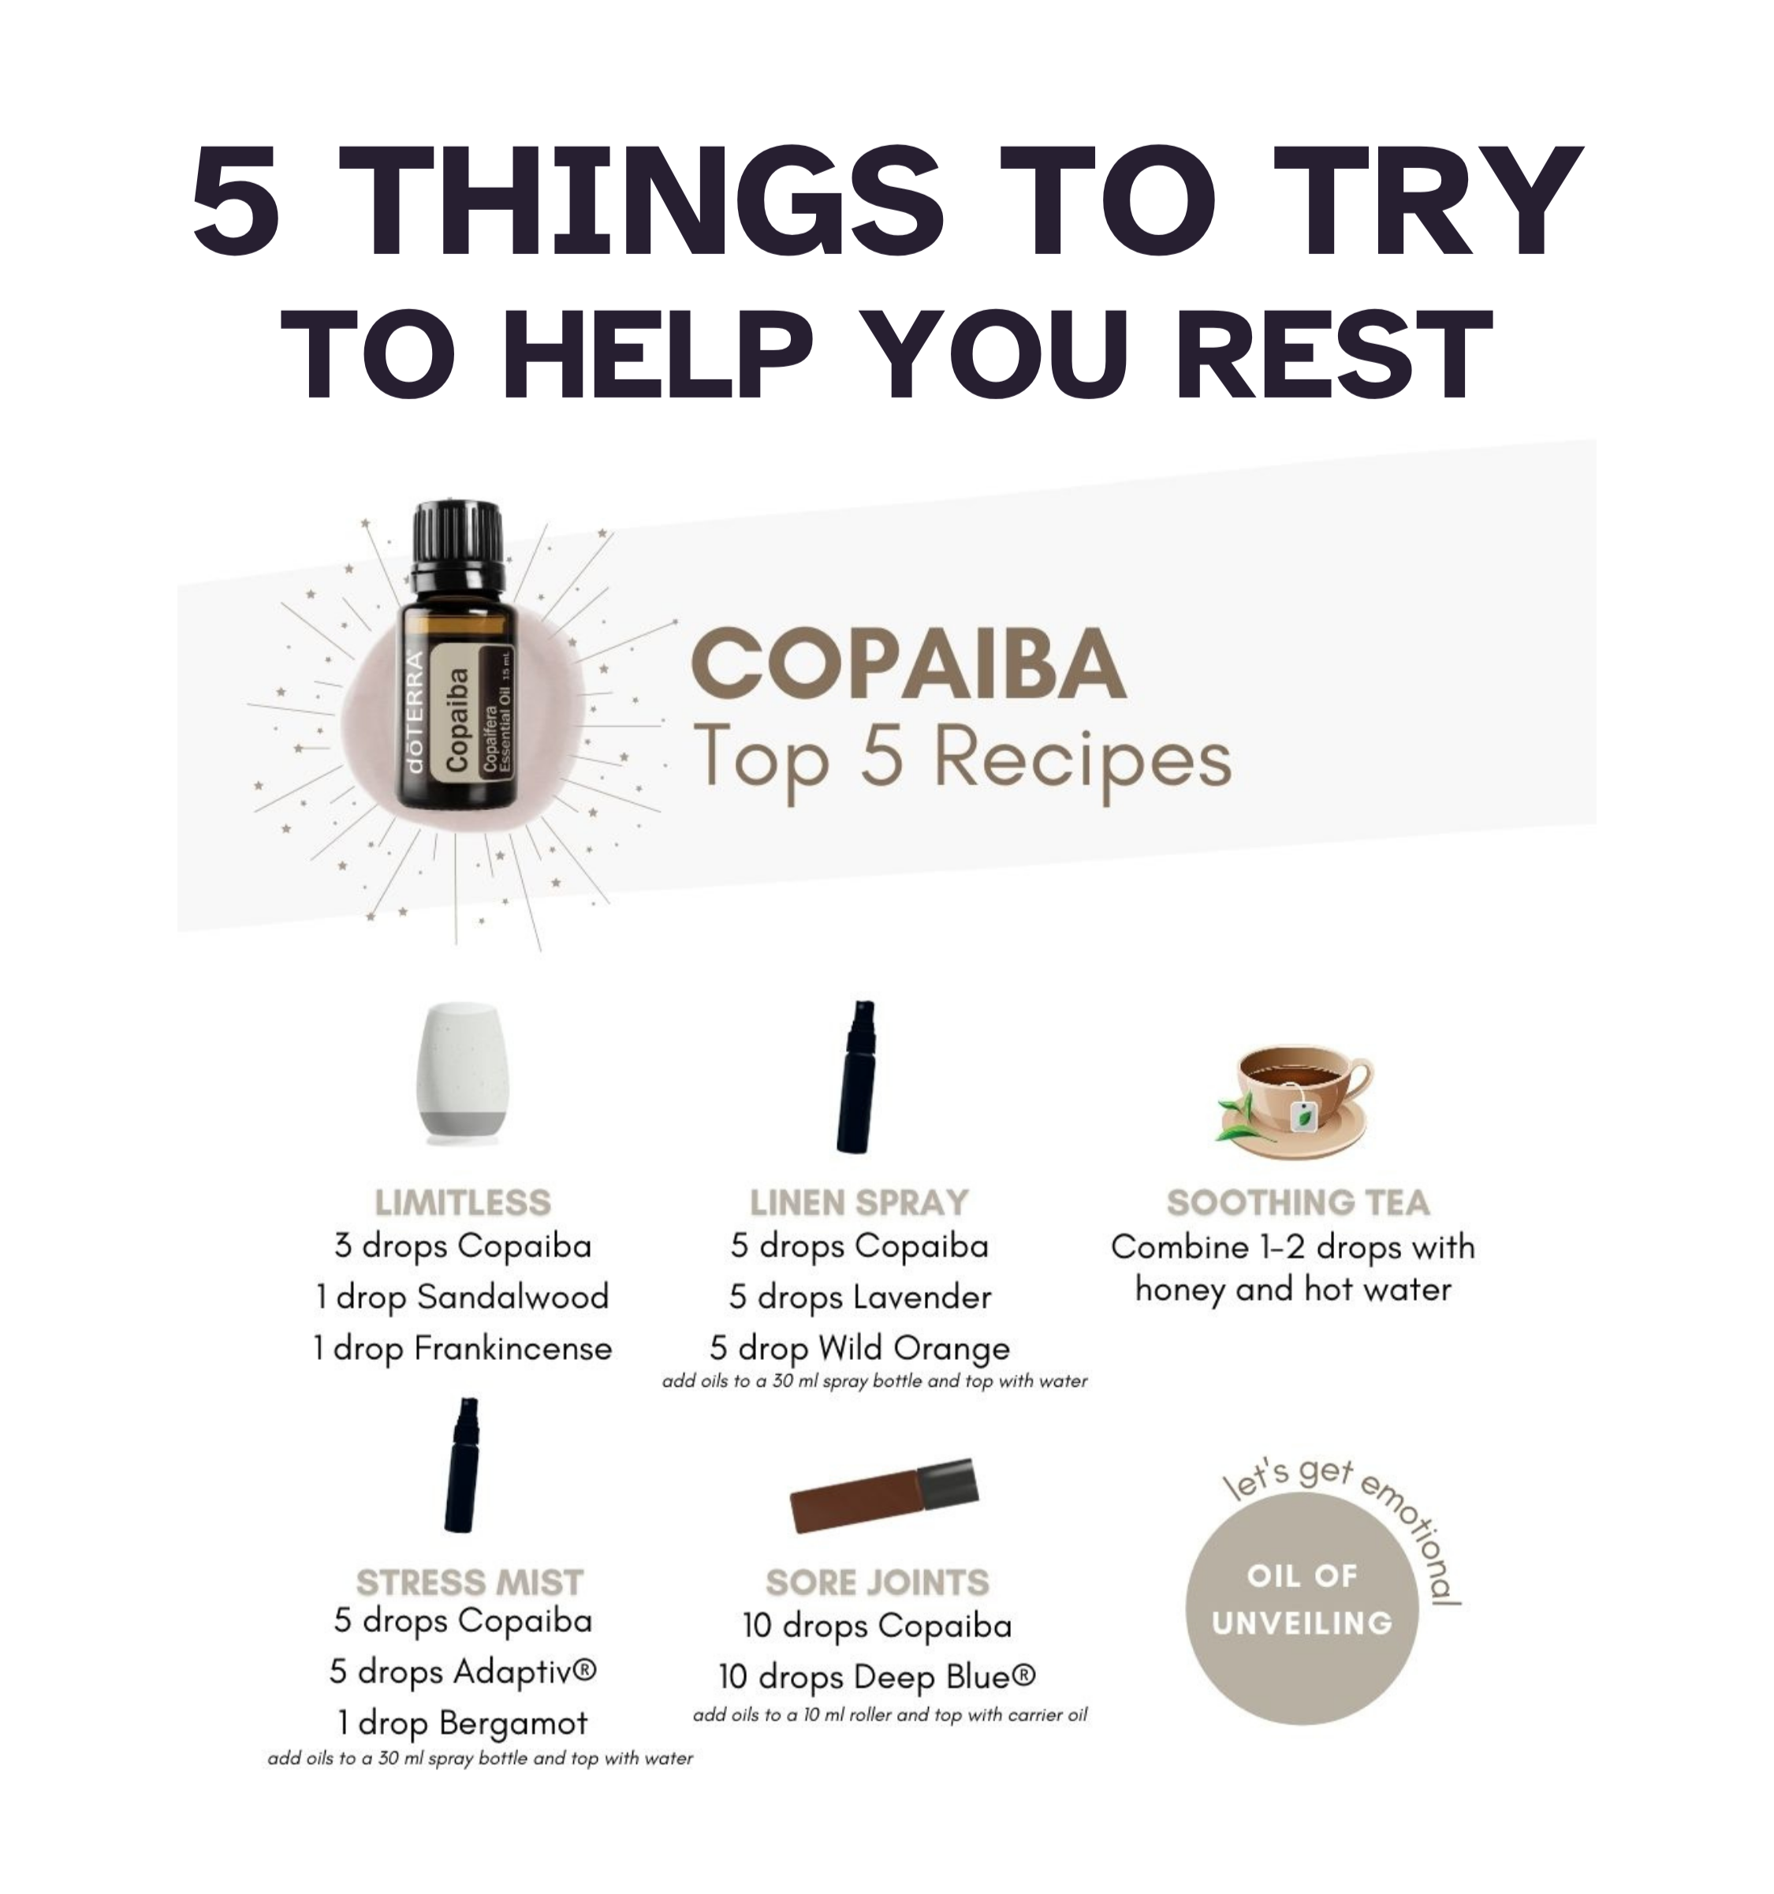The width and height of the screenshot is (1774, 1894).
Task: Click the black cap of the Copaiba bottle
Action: pyautogui.click(x=457, y=546)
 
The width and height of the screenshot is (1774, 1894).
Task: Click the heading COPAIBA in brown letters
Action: pyautogui.click(x=909, y=664)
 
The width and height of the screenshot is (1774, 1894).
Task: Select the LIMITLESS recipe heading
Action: pyautogui.click(x=463, y=1202)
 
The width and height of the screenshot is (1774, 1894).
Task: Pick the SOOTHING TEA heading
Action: pyautogui.click(x=1298, y=1202)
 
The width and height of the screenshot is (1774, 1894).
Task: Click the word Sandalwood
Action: pyautogui.click(x=512, y=1297)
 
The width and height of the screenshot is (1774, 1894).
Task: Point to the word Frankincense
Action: pyautogui.click(x=513, y=1348)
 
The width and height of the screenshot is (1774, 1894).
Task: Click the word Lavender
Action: pyautogui.click(x=922, y=1297)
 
